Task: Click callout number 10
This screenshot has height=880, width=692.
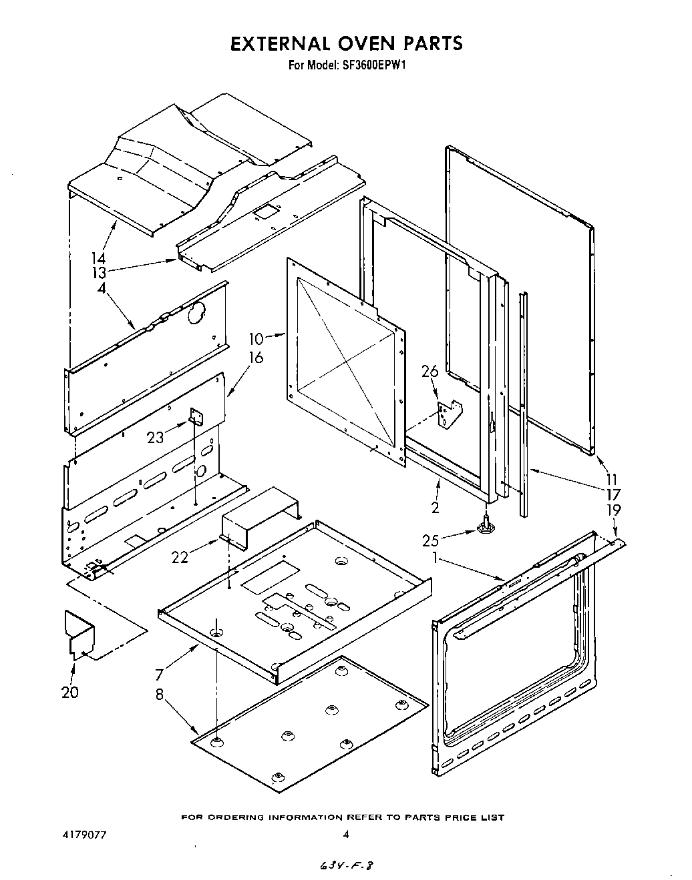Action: coord(256,338)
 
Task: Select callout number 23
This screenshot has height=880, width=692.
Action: coord(156,438)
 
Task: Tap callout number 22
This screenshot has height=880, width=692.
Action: coord(180,556)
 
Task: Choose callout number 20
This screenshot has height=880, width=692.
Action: coord(69,693)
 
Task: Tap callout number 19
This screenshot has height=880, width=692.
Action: coord(614,510)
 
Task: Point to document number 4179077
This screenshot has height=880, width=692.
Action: coord(79,835)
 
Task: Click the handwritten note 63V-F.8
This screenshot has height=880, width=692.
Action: coord(345,865)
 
